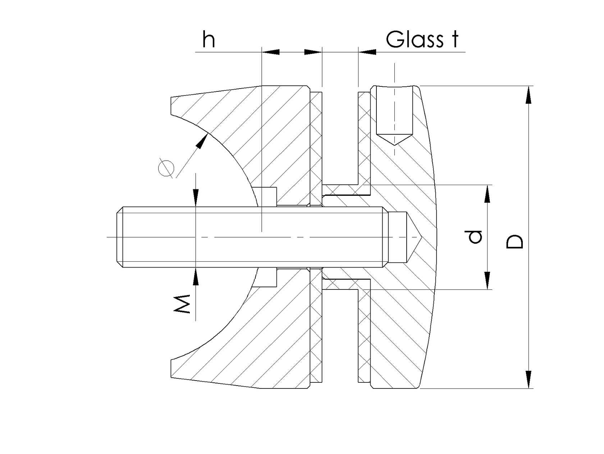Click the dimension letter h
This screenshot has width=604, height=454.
pos(209,40)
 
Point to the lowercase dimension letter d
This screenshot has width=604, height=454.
pos(476,237)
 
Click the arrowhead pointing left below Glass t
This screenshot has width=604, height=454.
pos(367,52)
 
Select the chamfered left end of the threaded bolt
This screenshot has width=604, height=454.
pos(120,237)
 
